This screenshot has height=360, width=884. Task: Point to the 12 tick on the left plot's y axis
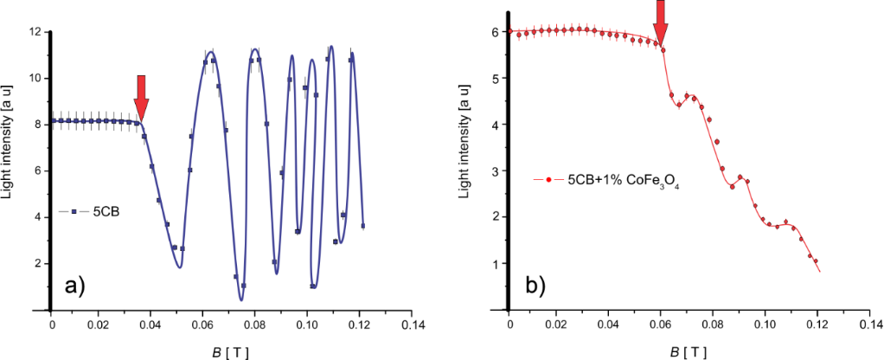click(x=36, y=32)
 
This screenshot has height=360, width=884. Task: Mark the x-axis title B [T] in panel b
click(x=687, y=349)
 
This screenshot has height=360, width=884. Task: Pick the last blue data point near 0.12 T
click(x=362, y=226)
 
